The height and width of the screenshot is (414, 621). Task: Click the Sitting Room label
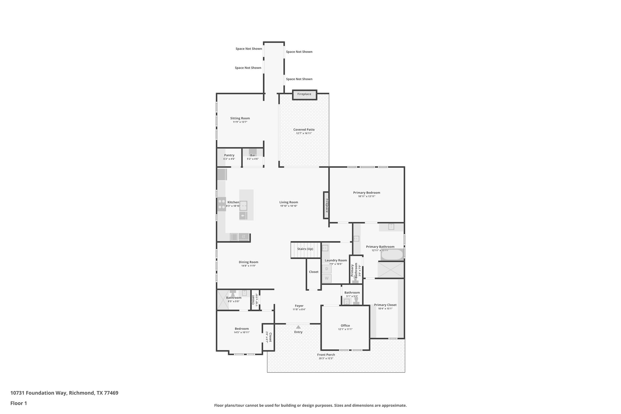pyautogui.click(x=240, y=118)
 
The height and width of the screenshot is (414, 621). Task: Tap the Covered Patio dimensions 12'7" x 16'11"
pyautogui.click(x=304, y=133)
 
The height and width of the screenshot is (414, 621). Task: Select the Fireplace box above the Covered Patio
pyautogui.click(x=304, y=94)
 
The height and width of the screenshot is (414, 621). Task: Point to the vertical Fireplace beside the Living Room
pyautogui.click(x=326, y=205)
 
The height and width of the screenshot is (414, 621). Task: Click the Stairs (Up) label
pyautogui.click(x=305, y=249)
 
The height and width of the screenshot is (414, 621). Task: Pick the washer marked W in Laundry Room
pyautogui.click(x=327, y=278)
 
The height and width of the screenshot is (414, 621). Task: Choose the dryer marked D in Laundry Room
pyautogui.click(x=327, y=269)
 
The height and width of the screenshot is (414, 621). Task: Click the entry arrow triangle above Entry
pyautogui.click(x=298, y=327)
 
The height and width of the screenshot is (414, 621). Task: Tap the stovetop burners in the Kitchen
pyautogui.click(x=222, y=204)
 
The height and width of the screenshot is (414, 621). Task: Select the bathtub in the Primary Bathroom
pyautogui.click(x=392, y=255)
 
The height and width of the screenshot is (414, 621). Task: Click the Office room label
pyautogui.click(x=345, y=325)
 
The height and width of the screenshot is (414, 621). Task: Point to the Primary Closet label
pyautogui.click(x=385, y=305)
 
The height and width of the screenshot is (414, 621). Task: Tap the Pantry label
pyautogui.click(x=229, y=155)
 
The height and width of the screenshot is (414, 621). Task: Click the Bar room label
pyautogui.click(x=253, y=155)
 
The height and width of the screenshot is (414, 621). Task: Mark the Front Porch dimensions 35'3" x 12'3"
pyautogui.click(x=326, y=358)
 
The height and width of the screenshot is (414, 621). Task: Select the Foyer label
pyautogui.click(x=299, y=306)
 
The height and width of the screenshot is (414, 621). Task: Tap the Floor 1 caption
pyautogui.click(x=19, y=403)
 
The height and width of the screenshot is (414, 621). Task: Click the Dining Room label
pyautogui.click(x=248, y=262)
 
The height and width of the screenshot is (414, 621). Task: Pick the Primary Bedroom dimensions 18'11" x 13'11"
pyautogui.click(x=367, y=196)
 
